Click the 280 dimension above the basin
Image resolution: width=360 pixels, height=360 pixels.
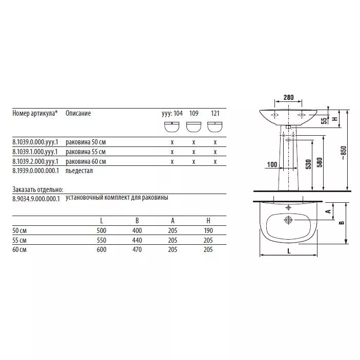coord(288,98)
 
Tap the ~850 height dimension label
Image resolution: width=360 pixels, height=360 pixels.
coord(343,153)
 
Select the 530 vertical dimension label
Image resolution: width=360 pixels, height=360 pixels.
coord(308,164)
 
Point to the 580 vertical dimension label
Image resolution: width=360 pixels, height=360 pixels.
coord(320,162)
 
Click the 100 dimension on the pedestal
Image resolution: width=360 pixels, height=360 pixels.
coord(272,164)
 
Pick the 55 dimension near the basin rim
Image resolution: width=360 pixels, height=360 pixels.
coord(324,121)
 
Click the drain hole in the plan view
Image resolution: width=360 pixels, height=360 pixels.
coord(288,220)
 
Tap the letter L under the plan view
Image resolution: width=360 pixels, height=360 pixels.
coord(289,251)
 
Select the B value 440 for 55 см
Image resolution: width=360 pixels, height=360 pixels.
coord(137,240)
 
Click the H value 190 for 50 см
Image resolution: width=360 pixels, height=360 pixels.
coord(208,230)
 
